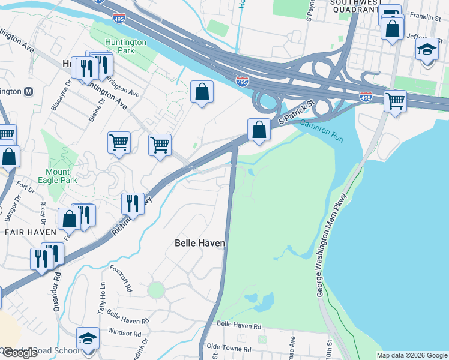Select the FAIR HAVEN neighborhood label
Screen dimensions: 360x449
26,232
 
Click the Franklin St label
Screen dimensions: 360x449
424,19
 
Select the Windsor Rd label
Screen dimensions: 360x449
125,332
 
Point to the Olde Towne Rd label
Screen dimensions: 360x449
229,349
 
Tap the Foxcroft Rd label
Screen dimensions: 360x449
121,278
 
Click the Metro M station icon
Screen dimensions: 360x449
28,92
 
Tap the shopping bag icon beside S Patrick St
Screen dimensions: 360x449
259,129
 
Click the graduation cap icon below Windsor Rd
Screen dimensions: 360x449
88,339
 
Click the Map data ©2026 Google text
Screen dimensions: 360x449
411,355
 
